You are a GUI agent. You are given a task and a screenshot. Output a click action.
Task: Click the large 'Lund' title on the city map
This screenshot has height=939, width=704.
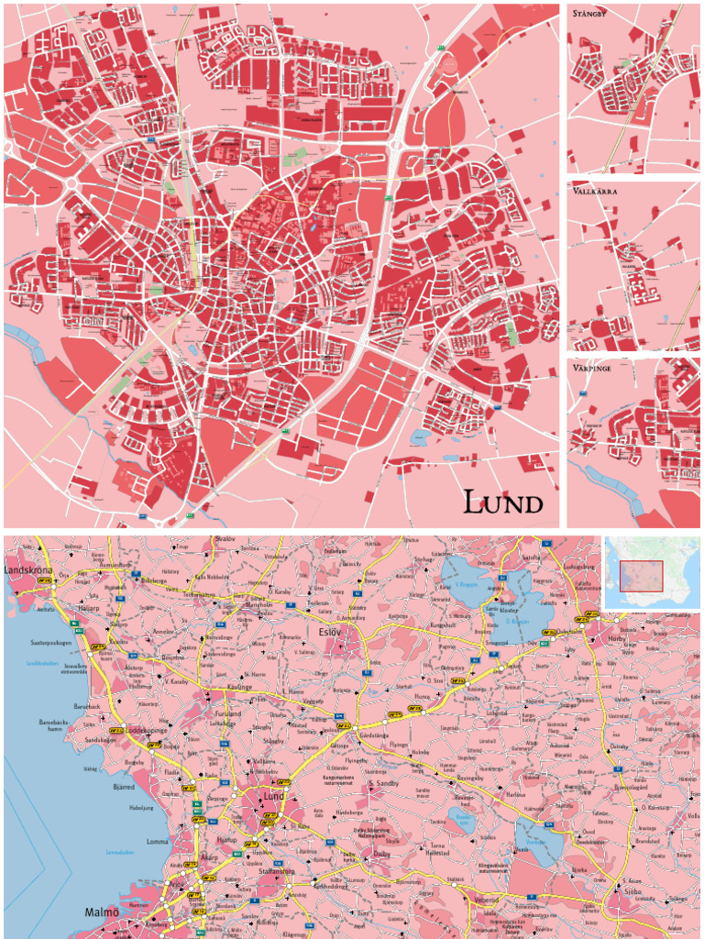(x=502, y=503)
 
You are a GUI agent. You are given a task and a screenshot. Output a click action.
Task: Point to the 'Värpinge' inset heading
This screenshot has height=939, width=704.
(x=593, y=368)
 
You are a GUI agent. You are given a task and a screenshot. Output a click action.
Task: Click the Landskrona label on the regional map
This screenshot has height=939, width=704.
(x=30, y=569)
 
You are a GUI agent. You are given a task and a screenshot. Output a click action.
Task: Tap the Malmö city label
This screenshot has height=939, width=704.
(x=102, y=912)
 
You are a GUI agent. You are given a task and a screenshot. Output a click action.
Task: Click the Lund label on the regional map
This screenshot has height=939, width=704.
(x=274, y=797)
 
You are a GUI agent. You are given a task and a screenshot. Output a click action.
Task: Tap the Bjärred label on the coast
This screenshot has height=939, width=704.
(x=124, y=787)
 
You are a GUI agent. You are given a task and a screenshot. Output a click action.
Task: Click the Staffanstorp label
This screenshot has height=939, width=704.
(x=276, y=872)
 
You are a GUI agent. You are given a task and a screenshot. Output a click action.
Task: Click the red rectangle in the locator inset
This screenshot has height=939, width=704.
(x=641, y=576)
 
